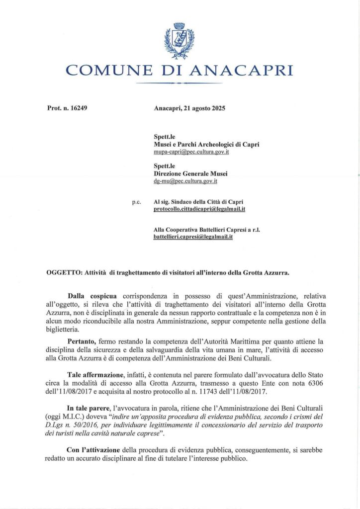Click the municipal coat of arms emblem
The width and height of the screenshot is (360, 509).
(x=179, y=41)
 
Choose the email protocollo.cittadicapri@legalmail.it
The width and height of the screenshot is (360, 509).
(x=199, y=209)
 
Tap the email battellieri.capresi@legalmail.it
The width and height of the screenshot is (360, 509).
(x=193, y=238)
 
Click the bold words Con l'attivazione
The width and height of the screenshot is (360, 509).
(x=93, y=449)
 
